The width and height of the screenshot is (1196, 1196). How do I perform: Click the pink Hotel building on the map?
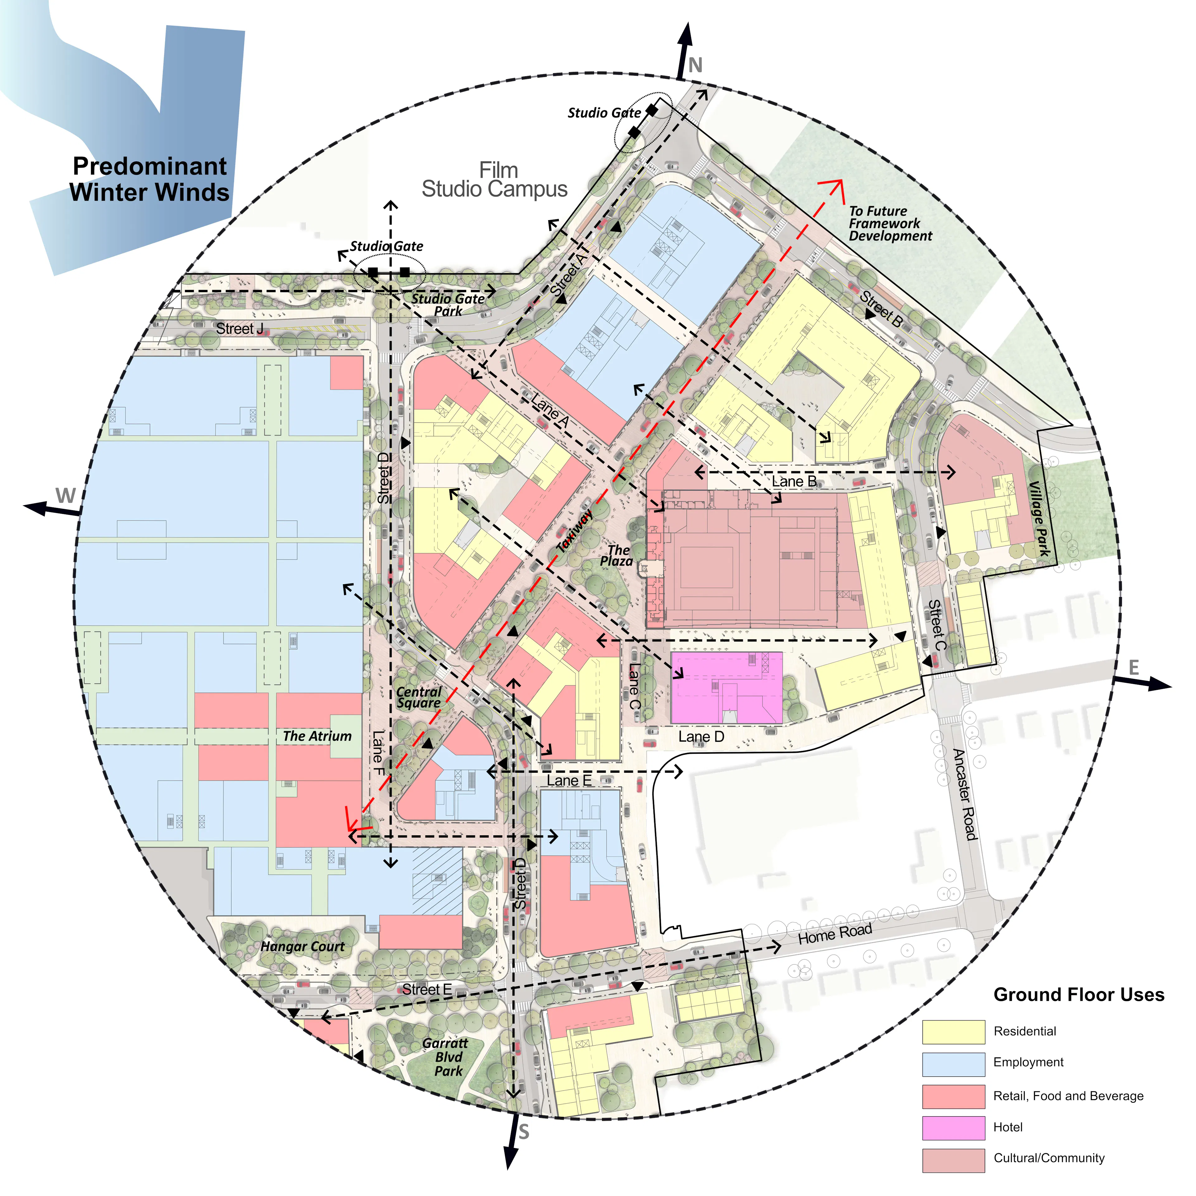pyautogui.click(x=725, y=687)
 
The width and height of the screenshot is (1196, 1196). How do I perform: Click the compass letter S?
pyautogui.click(x=524, y=1132)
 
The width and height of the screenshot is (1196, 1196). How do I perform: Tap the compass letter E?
pyautogui.click(x=1133, y=667)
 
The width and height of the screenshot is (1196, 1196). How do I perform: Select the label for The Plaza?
pyautogui.click(x=617, y=555)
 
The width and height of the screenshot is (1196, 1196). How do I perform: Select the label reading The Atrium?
pyautogui.click(x=317, y=736)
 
